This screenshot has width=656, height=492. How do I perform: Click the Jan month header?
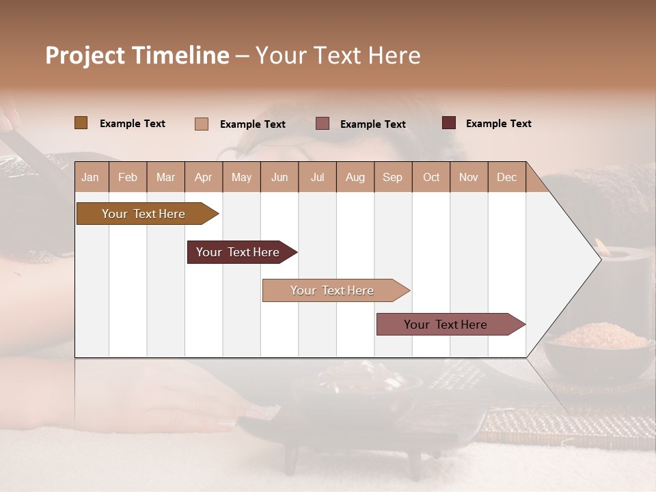tap(90, 177)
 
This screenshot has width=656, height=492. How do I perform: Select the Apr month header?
tap(203, 177)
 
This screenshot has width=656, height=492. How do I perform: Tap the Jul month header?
tap(317, 177)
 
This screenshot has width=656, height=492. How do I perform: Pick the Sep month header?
tap(392, 177)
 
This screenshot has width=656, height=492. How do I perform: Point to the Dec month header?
tap(506, 177)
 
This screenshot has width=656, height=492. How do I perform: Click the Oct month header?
tap(430, 177)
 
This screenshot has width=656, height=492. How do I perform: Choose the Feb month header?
tap(128, 177)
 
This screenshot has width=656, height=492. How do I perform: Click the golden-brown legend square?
tap(81, 123)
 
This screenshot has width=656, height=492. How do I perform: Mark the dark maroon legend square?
tap(448, 123)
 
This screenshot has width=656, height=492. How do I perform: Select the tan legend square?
tap(201, 124)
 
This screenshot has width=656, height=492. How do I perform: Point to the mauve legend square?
tap(323, 123)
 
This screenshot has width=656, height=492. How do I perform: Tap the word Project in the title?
tap(85, 55)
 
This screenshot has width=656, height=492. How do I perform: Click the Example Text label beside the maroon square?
tap(498, 123)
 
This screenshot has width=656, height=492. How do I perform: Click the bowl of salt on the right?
tap(598, 345)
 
